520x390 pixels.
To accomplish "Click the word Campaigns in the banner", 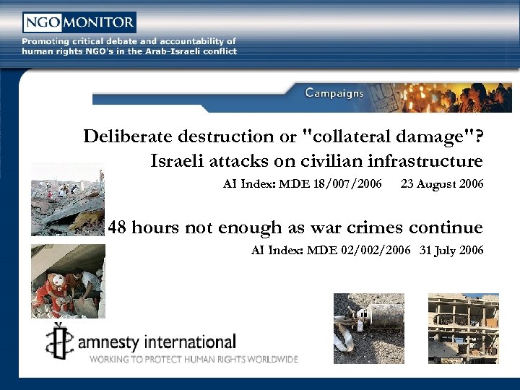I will [x=334, y=92].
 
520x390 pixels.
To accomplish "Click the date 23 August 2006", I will [x=441, y=184].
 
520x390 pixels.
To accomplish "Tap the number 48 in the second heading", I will [x=118, y=228].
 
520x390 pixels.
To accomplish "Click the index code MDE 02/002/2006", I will [x=359, y=251].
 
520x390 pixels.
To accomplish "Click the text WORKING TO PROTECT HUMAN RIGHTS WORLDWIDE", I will [x=194, y=358].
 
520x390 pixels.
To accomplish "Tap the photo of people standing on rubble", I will [x=67, y=199].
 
